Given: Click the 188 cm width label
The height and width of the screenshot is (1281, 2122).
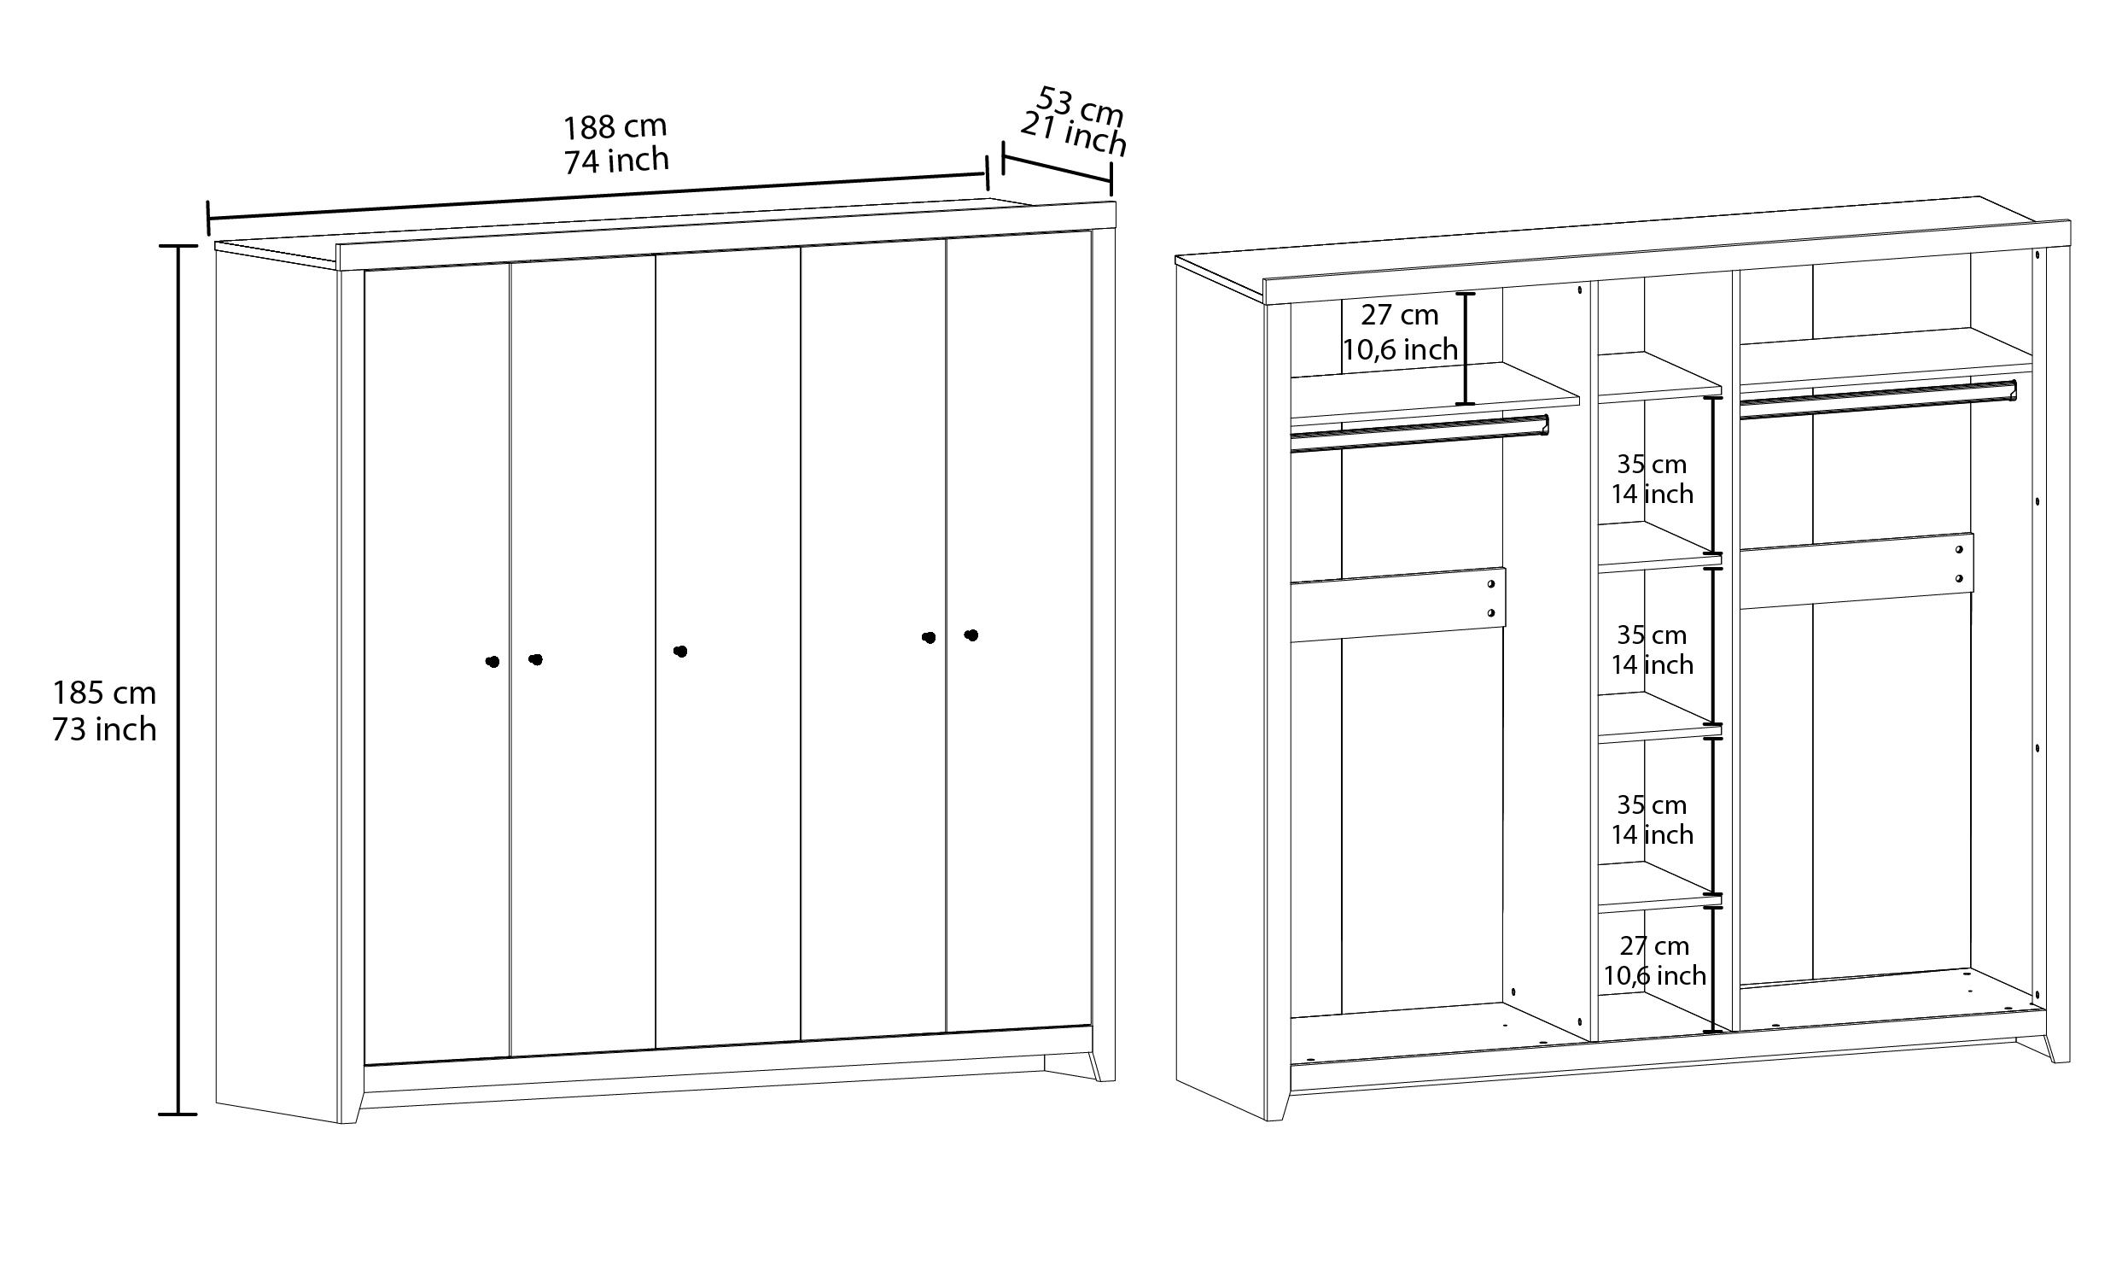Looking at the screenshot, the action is tap(615, 126).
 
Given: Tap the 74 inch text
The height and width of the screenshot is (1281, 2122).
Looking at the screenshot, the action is tap(616, 161).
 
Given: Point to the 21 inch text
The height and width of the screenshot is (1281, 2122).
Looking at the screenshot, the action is tap(1074, 135).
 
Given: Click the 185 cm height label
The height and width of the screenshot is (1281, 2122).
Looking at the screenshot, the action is tap(104, 693).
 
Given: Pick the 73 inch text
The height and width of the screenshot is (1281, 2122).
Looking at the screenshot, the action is tap(104, 729).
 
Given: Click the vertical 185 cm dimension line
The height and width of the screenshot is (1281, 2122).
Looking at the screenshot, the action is tap(178, 680).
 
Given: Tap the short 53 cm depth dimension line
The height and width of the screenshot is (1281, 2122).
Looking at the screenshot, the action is tap(1058, 169).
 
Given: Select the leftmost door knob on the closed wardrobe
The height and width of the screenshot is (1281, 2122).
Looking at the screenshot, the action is tap(493, 662).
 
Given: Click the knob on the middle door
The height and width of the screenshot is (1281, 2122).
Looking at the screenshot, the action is tap(680, 652).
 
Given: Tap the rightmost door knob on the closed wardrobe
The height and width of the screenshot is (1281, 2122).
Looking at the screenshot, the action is tap(971, 635).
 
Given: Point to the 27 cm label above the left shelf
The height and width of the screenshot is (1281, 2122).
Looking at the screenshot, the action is tap(1400, 315).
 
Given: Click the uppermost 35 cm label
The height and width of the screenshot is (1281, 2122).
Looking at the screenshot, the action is tap(1652, 465).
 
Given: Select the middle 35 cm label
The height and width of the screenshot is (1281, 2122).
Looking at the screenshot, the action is tap(1652, 635).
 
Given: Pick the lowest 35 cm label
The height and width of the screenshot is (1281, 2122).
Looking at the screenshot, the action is tap(1652, 804).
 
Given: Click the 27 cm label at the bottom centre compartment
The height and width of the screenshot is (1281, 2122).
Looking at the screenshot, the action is tap(1654, 946).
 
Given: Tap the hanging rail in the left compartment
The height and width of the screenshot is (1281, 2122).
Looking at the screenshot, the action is tap(1420, 433).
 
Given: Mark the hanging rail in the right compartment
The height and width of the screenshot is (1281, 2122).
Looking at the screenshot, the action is tap(1878, 400).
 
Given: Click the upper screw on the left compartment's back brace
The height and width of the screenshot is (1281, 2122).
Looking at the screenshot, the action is tap(1490, 584).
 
